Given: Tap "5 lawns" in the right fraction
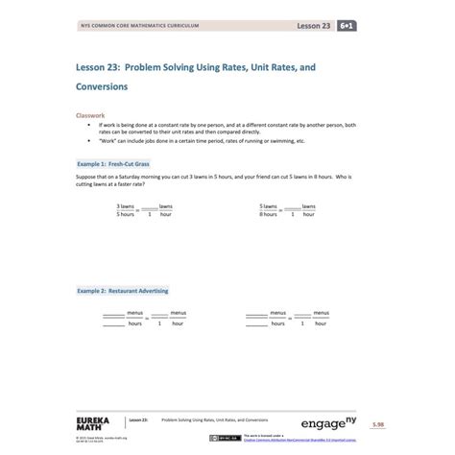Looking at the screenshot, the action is pyautogui.click(x=268, y=206).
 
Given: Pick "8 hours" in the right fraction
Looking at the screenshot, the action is pyautogui.click(x=268, y=214).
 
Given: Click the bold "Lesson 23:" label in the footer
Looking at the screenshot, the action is pyautogui.click(x=138, y=420).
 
